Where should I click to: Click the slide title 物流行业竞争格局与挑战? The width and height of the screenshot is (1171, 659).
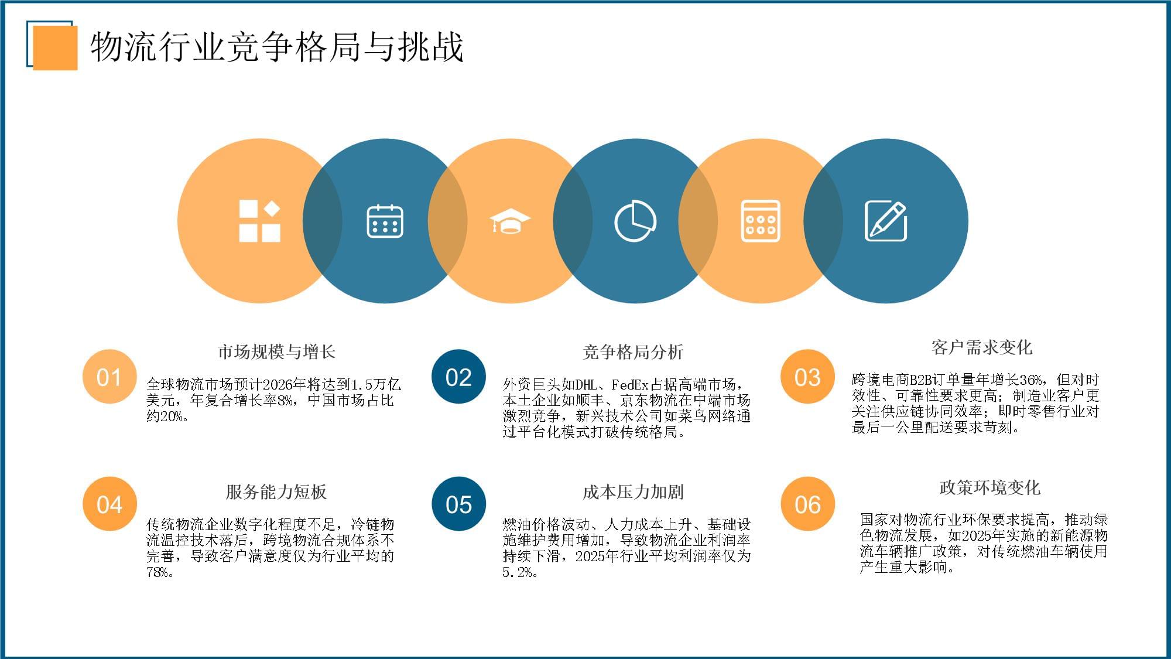276,47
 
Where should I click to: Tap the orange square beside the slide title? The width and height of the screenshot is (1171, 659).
55,48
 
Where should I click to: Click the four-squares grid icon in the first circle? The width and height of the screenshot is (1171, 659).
259,221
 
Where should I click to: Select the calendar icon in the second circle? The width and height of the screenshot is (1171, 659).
385,221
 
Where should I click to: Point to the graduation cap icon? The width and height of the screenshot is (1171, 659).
510,221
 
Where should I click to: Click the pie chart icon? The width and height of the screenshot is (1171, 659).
635,221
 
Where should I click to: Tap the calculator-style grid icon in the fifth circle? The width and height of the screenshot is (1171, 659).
760,221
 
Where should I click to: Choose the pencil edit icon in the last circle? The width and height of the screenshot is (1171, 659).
886,221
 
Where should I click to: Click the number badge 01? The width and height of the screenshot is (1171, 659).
109,377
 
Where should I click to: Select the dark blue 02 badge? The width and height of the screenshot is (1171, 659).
458,377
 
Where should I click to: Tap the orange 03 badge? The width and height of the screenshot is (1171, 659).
807,377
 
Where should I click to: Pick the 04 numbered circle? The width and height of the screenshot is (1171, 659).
109,504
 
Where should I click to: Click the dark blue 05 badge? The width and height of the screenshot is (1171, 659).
458,504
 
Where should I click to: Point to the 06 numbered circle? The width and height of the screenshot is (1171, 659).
807,504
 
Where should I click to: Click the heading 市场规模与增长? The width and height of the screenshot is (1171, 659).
276,351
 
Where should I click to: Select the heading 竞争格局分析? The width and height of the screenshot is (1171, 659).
633,351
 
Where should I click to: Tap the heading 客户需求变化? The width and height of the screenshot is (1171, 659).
981,347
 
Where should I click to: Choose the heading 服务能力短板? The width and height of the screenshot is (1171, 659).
276,491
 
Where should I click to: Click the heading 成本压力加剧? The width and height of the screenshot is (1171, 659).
633,491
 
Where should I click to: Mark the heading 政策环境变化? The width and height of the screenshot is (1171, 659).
989,487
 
